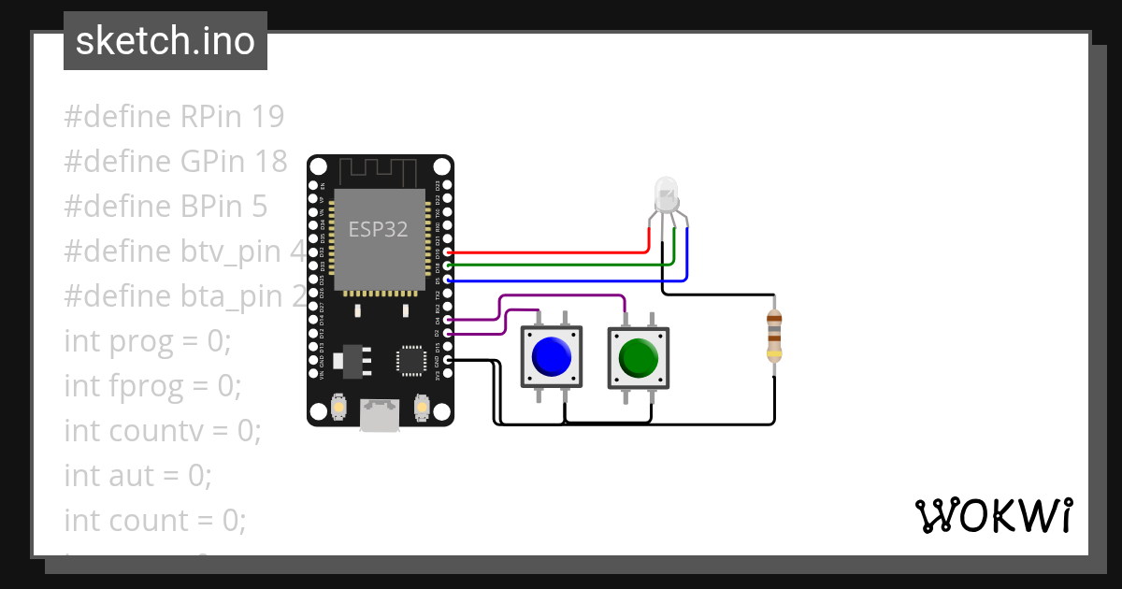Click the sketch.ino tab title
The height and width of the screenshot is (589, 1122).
click(165, 41)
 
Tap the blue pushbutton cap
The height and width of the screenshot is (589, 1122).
click(551, 356)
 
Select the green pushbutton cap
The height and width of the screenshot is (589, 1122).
click(639, 357)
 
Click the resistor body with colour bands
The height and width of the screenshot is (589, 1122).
click(774, 337)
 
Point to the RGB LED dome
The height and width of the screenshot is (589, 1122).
click(667, 192)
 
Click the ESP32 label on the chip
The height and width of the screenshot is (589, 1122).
click(378, 229)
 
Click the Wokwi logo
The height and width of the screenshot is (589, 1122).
click(993, 515)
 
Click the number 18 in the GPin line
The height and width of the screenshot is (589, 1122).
click(270, 162)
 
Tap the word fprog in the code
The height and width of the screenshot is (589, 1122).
click(149, 386)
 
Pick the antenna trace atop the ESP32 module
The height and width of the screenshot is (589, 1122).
click(379, 173)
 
